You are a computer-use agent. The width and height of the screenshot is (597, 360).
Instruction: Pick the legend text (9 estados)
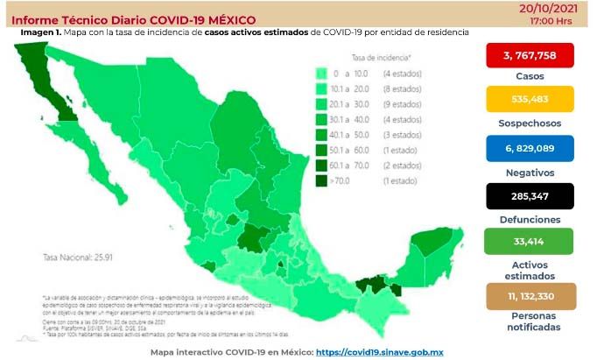[x=397, y=104]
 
